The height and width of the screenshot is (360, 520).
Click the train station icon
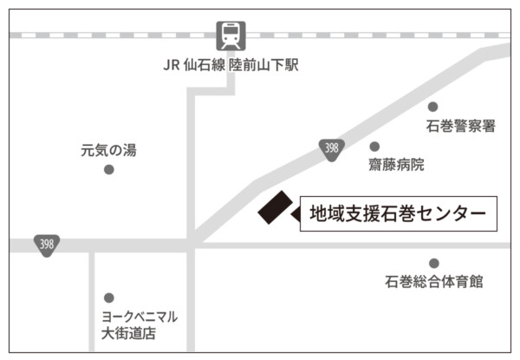click(x=231, y=36)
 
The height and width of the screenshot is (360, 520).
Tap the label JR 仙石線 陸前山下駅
click(x=230, y=66)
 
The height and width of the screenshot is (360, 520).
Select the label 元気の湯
click(x=108, y=150)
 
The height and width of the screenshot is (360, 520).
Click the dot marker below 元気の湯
click(x=108, y=169)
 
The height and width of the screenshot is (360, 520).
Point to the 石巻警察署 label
click(x=460, y=127)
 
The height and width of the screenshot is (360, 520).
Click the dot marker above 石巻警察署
click(x=433, y=107)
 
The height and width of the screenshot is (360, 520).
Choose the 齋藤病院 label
click(x=397, y=164)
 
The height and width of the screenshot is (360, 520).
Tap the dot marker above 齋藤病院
click(x=374, y=147)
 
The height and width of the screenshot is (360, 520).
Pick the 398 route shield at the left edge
click(x=47, y=245)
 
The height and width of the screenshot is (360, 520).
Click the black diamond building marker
click(x=276, y=208)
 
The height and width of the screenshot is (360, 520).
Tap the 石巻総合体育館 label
click(x=434, y=282)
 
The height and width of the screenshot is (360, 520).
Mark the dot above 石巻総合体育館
click(x=434, y=263)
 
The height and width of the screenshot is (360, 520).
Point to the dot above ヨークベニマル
click(x=108, y=298)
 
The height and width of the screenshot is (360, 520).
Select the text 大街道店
click(x=128, y=333)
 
